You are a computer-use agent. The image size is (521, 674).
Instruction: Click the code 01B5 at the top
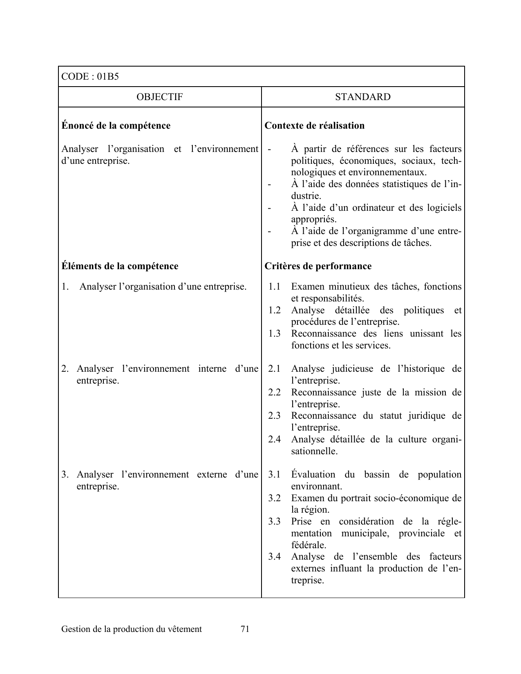(x=108, y=76)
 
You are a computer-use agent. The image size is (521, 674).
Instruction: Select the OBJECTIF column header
(x=159, y=97)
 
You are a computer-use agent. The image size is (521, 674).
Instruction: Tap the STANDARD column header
(x=362, y=97)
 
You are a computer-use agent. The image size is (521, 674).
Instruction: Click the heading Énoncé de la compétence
(x=116, y=125)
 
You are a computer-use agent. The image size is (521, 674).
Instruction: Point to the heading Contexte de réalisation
(x=314, y=125)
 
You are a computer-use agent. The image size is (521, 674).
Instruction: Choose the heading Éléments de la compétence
(x=120, y=266)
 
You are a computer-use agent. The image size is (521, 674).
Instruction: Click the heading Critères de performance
(x=318, y=266)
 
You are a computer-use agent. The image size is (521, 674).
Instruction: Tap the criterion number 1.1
(x=274, y=287)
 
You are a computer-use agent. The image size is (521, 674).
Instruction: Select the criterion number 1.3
(x=274, y=334)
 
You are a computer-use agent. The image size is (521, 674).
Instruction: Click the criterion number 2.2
(x=274, y=393)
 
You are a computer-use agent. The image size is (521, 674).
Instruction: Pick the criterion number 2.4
(x=274, y=440)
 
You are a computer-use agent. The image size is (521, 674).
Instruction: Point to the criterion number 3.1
(x=274, y=475)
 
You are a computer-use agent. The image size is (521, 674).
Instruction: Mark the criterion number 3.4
(x=274, y=557)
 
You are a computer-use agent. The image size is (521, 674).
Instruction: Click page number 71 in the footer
(x=245, y=629)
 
